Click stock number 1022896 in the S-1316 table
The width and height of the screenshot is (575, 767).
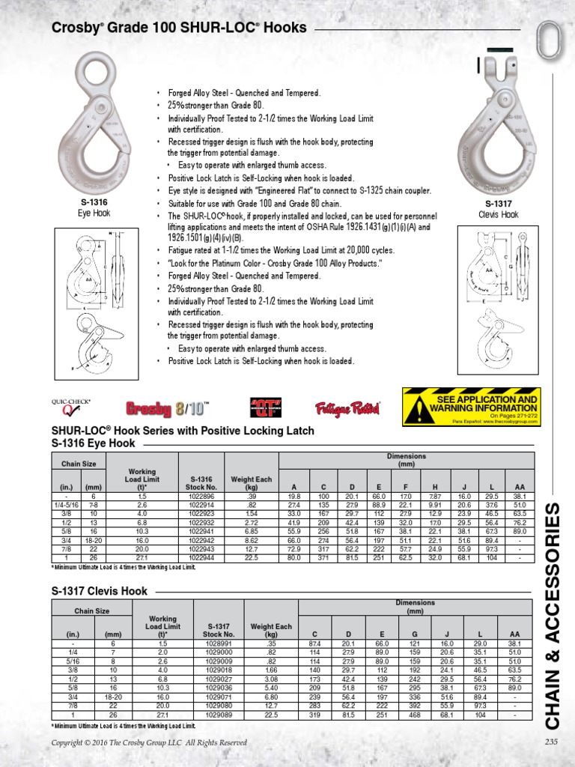(201, 497)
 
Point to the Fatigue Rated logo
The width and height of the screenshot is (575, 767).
(347, 408)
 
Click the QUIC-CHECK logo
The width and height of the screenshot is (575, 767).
(70, 407)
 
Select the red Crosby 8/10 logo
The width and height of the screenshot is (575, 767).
(166, 409)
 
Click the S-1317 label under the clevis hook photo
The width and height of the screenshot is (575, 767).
(498, 204)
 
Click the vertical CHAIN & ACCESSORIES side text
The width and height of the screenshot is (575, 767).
(552, 616)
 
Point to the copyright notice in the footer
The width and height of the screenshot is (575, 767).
(148, 742)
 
